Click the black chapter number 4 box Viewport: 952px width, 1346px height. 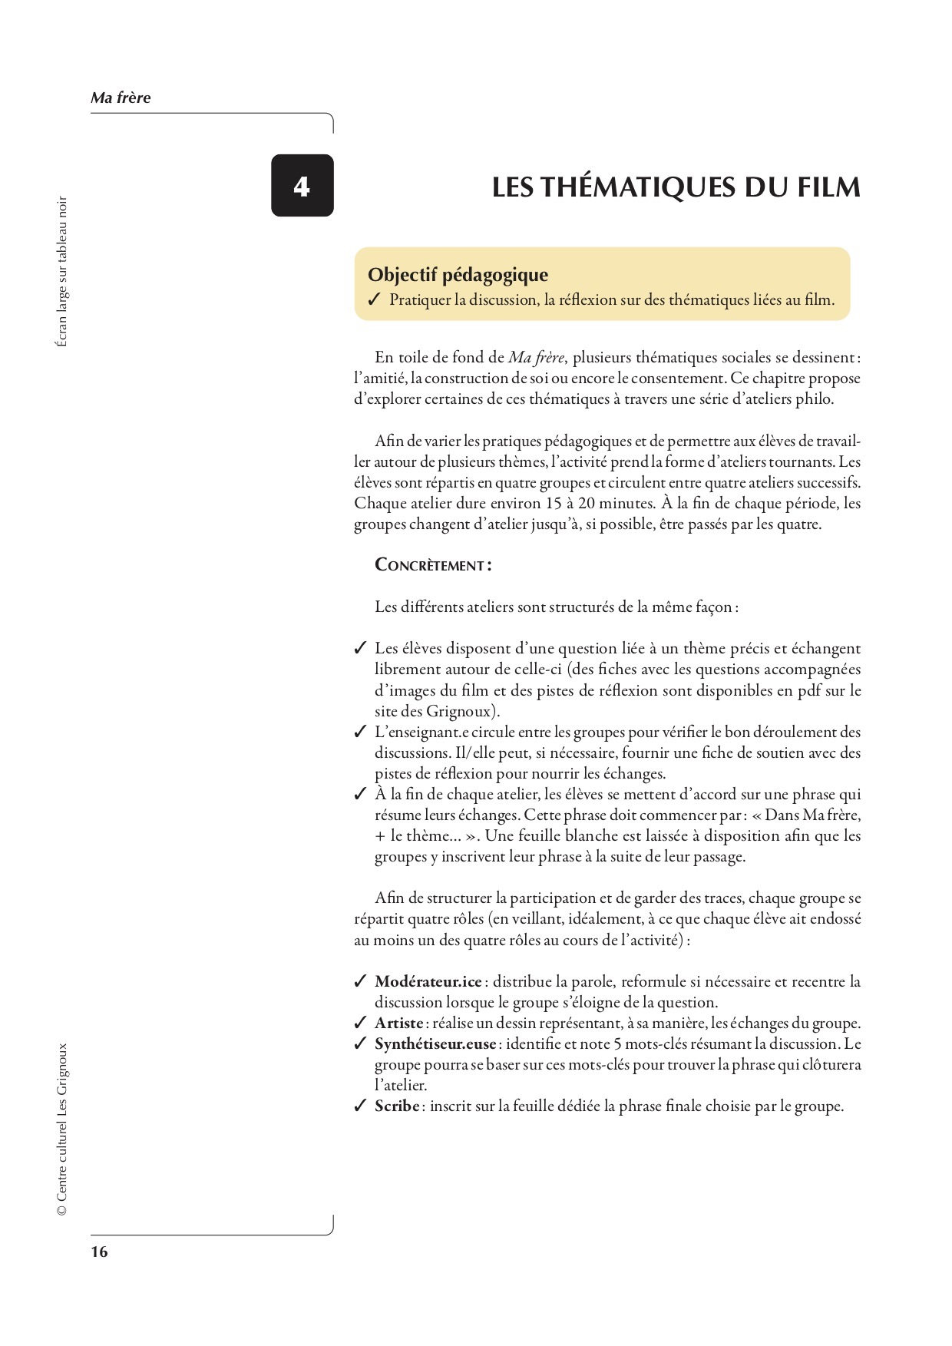click(302, 186)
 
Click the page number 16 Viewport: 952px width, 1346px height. click(100, 1252)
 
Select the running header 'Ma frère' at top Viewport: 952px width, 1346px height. click(121, 98)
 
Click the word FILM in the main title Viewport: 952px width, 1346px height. click(828, 187)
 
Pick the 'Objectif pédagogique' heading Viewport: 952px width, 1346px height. click(458, 275)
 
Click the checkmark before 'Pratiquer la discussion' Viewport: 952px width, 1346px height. click(374, 300)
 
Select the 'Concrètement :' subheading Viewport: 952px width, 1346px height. click(433, 565)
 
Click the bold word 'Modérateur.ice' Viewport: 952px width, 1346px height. click(428, 981)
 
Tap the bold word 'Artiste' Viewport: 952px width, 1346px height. click(398, 1023)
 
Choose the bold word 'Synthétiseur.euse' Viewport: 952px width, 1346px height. click(435, 1043)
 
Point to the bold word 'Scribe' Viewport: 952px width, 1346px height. click(397, 1106)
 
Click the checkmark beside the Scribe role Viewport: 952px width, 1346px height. click(360, 1106)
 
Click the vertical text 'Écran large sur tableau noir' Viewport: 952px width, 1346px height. click(62, 272)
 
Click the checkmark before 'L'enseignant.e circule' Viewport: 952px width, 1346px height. click(360, 733)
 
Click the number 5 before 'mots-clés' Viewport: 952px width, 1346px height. click(618, 1043)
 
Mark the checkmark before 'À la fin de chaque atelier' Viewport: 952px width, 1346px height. click(360, 795)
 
